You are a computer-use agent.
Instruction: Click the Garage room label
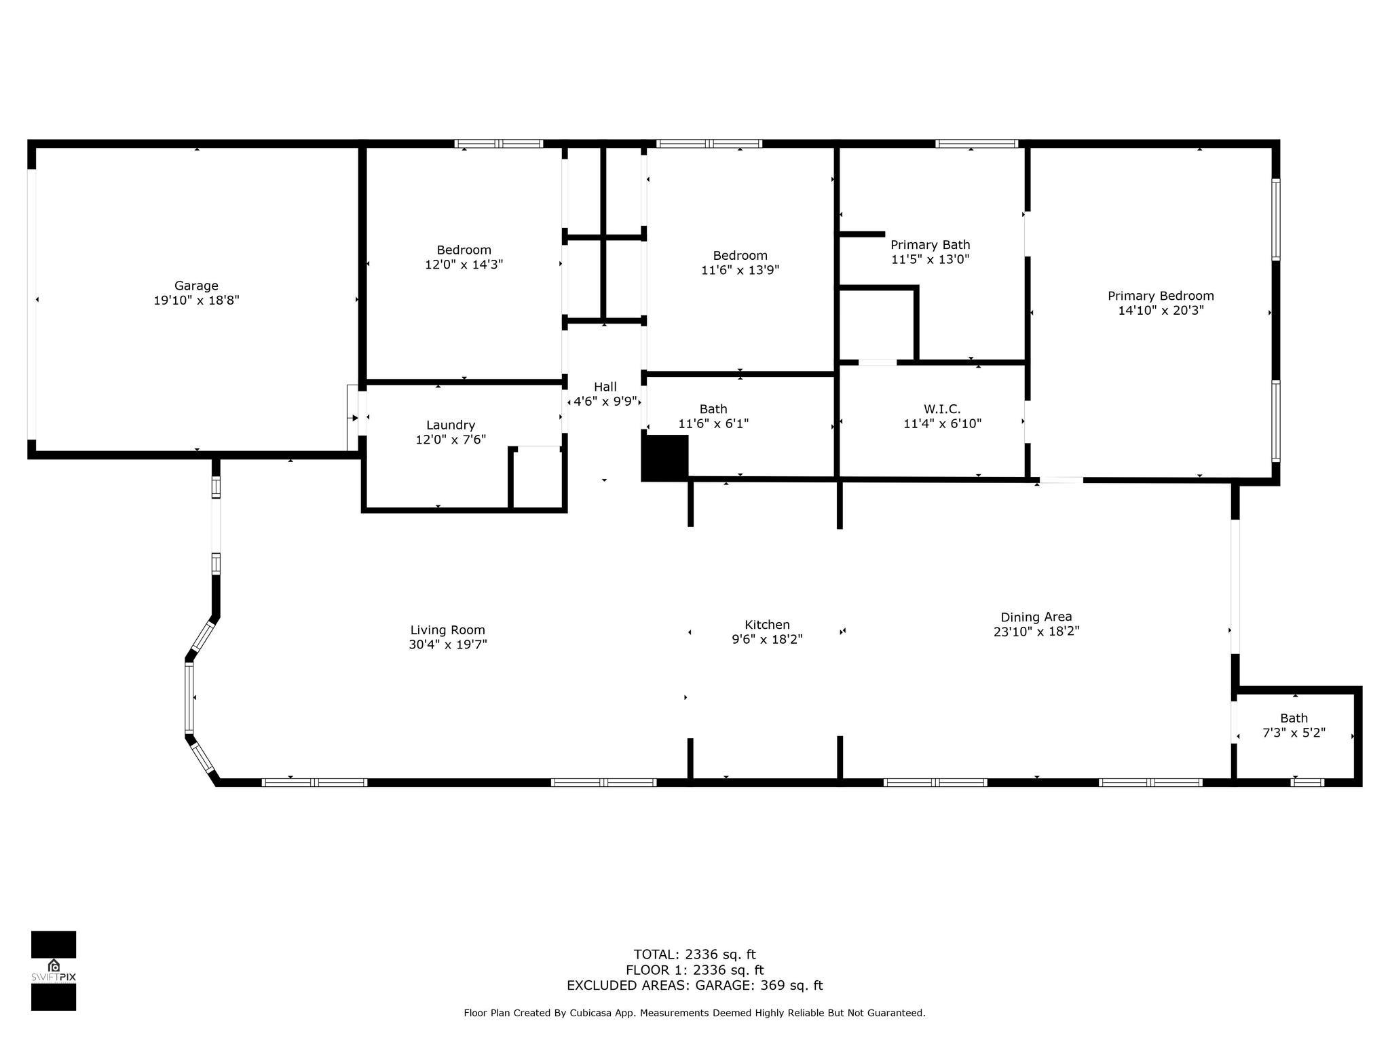(x=196, y=286)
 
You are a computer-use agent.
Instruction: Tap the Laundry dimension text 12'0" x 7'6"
(x=451, y=440)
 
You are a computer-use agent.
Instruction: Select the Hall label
(x=605, y=387)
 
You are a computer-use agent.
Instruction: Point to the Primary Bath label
(x=930, y=245)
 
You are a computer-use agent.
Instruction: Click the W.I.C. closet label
(x=942, y=409)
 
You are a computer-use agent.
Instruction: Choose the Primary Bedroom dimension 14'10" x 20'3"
(x=1161, y=311)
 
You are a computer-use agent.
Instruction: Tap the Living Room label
(x=448, y=630)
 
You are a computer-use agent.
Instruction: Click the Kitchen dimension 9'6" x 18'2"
(x=767, y=639)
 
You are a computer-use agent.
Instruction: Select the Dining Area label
(x=1036, y=617)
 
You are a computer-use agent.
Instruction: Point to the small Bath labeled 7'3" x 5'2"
(x=1294, y=718)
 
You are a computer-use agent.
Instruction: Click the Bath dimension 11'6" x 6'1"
(x=713, y=424)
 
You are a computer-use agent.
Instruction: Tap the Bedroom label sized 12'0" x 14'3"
(x=464, y=250)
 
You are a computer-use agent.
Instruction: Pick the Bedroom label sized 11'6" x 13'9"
(x=740, y=256)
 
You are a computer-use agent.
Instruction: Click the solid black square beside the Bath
(x=665, y=457)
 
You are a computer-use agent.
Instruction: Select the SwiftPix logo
(x=54, y=971)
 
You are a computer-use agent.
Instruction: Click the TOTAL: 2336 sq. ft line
(x=694, y=954)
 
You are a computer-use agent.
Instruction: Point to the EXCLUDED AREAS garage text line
(x=694, y=986)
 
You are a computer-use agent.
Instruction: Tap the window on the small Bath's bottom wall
(x=1307, y=782)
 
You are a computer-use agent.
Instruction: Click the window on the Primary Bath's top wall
(x=977, y=143)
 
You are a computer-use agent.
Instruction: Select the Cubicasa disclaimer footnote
(x=694, y=1013)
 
